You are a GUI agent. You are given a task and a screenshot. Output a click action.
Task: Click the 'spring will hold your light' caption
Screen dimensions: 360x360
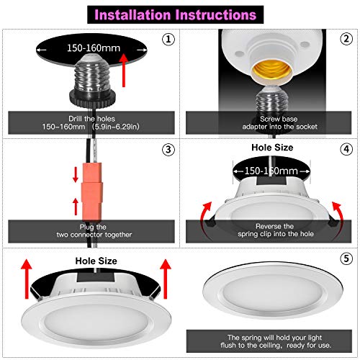pyautogui.click(x=268, y=338)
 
